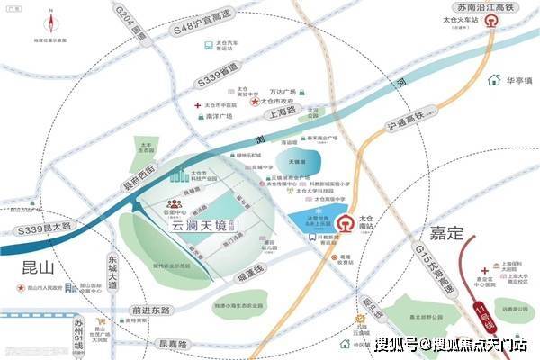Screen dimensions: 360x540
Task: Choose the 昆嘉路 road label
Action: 171,345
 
